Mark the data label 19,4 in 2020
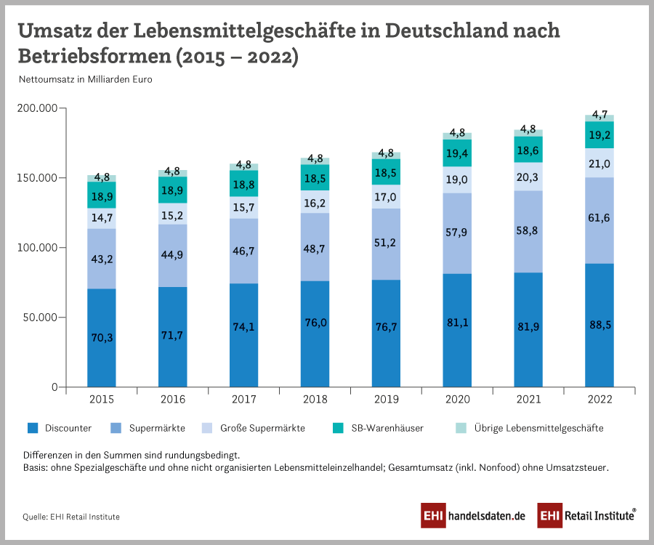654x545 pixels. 457,152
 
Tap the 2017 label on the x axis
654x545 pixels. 243,400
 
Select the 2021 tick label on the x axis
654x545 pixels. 529,400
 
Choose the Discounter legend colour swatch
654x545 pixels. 32,428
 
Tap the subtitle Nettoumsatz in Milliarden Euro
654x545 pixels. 86,80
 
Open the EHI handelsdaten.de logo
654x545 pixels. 473,515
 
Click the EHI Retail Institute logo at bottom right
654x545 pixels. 587,515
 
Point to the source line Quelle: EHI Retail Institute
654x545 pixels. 71,517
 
